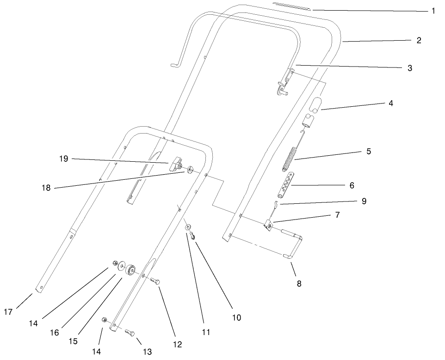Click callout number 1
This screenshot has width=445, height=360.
[x=433, y=11]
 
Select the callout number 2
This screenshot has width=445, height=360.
[x=418, y=40]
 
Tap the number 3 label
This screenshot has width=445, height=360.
[x=409, y=68]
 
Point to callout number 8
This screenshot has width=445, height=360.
[x=299, y=284]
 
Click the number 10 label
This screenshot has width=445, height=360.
[x=236, y=317]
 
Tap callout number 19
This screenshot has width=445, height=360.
[x=63, y=159]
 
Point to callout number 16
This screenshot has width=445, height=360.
[x=54, y=332]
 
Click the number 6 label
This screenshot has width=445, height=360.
[x=352, y=185]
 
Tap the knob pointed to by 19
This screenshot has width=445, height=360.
[x=175, y=163]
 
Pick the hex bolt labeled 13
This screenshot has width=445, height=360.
[x=130, y=333]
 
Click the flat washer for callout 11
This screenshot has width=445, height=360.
[x=188, y=227]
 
